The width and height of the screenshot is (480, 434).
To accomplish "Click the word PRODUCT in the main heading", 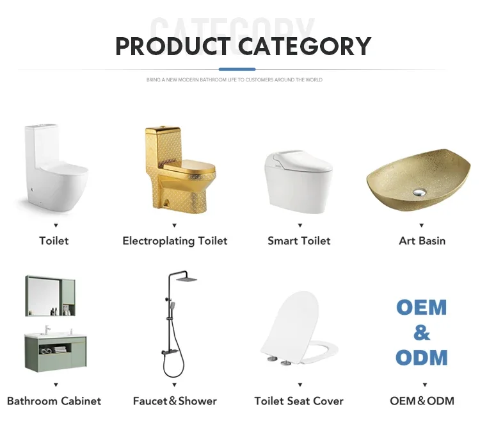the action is point(173,46).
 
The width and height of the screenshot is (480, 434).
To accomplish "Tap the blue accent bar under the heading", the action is point(237,69).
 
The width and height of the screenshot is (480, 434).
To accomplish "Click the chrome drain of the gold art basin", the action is point(419,192).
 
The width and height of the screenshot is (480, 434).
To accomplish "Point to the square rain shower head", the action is point(186,279).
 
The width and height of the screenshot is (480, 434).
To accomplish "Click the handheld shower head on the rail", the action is point(172,306).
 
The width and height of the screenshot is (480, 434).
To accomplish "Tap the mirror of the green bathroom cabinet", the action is point(44,296).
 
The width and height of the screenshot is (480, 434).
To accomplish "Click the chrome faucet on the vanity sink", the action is point(47,330).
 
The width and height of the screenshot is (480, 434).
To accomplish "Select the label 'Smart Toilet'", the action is point(299,241).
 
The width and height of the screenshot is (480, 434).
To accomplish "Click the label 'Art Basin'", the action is point(422,241).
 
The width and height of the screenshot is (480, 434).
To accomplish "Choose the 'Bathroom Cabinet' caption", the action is point(54,401).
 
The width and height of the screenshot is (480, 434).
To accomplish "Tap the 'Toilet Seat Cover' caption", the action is point(299,401).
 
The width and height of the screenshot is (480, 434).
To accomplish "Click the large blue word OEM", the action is point(422,307).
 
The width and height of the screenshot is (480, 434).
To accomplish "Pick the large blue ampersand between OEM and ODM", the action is point(422,333).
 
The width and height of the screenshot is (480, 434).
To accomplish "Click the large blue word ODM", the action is point(422,357).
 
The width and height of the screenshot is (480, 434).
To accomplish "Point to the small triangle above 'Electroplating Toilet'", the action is point(175,226).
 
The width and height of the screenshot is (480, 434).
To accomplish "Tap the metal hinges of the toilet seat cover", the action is point(279,361).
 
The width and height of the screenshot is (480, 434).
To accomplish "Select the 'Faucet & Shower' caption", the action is point(175,401).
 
